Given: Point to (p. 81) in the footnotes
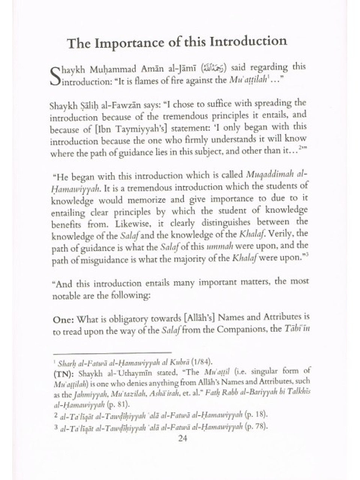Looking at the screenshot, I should click(x=117, y=405).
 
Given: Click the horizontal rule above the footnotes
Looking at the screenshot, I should click(x=112, y=353).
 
